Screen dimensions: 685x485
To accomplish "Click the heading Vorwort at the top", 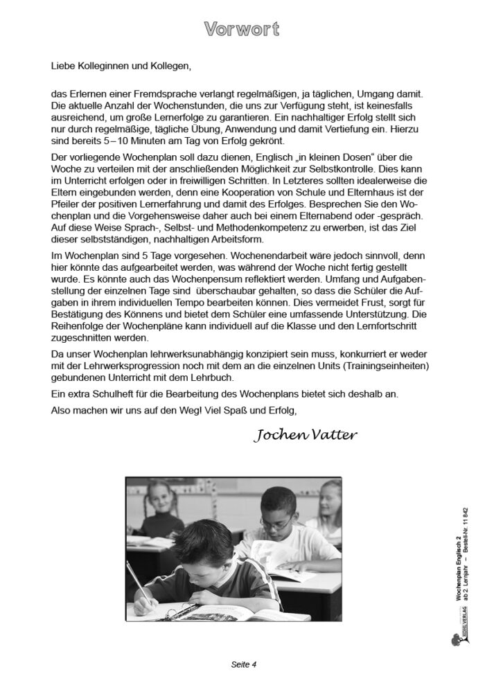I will point(242,28).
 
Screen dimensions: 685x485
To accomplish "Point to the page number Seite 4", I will point(243,665).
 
